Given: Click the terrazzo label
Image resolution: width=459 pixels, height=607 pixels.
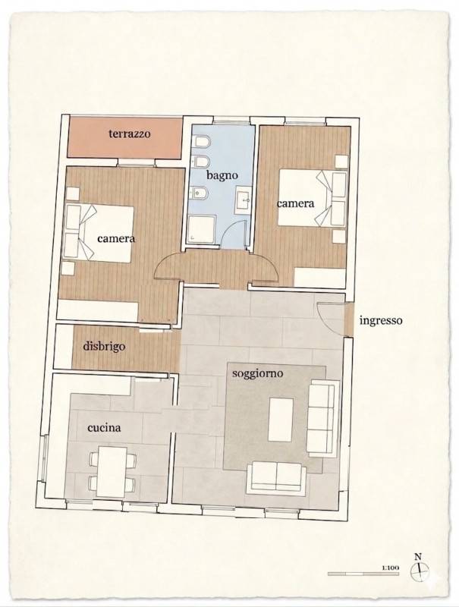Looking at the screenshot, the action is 129,134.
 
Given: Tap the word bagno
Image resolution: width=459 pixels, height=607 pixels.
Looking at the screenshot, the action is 222,175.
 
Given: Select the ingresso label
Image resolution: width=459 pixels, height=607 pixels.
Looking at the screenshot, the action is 381,320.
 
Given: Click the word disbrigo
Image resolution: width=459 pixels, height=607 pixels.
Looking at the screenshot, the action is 104,345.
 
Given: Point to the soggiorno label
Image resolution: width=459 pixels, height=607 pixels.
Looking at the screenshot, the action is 257,373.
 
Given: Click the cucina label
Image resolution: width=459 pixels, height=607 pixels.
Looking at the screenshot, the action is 104,427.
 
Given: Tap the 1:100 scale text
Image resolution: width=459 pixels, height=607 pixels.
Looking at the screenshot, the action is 390,568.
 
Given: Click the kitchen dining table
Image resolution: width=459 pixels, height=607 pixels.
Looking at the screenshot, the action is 112,471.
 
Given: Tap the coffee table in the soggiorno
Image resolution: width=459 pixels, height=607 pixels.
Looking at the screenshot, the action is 281,420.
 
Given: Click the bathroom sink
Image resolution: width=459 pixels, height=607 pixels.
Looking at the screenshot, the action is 244,200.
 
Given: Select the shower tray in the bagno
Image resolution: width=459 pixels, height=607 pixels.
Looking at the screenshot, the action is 201,229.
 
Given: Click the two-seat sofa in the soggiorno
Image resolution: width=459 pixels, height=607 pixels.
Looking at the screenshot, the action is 277,478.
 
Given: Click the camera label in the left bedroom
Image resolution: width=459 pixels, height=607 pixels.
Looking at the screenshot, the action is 116,238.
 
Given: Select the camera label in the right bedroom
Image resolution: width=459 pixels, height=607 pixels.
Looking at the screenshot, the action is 295,203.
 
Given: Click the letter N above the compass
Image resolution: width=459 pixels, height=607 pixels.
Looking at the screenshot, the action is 418,557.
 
